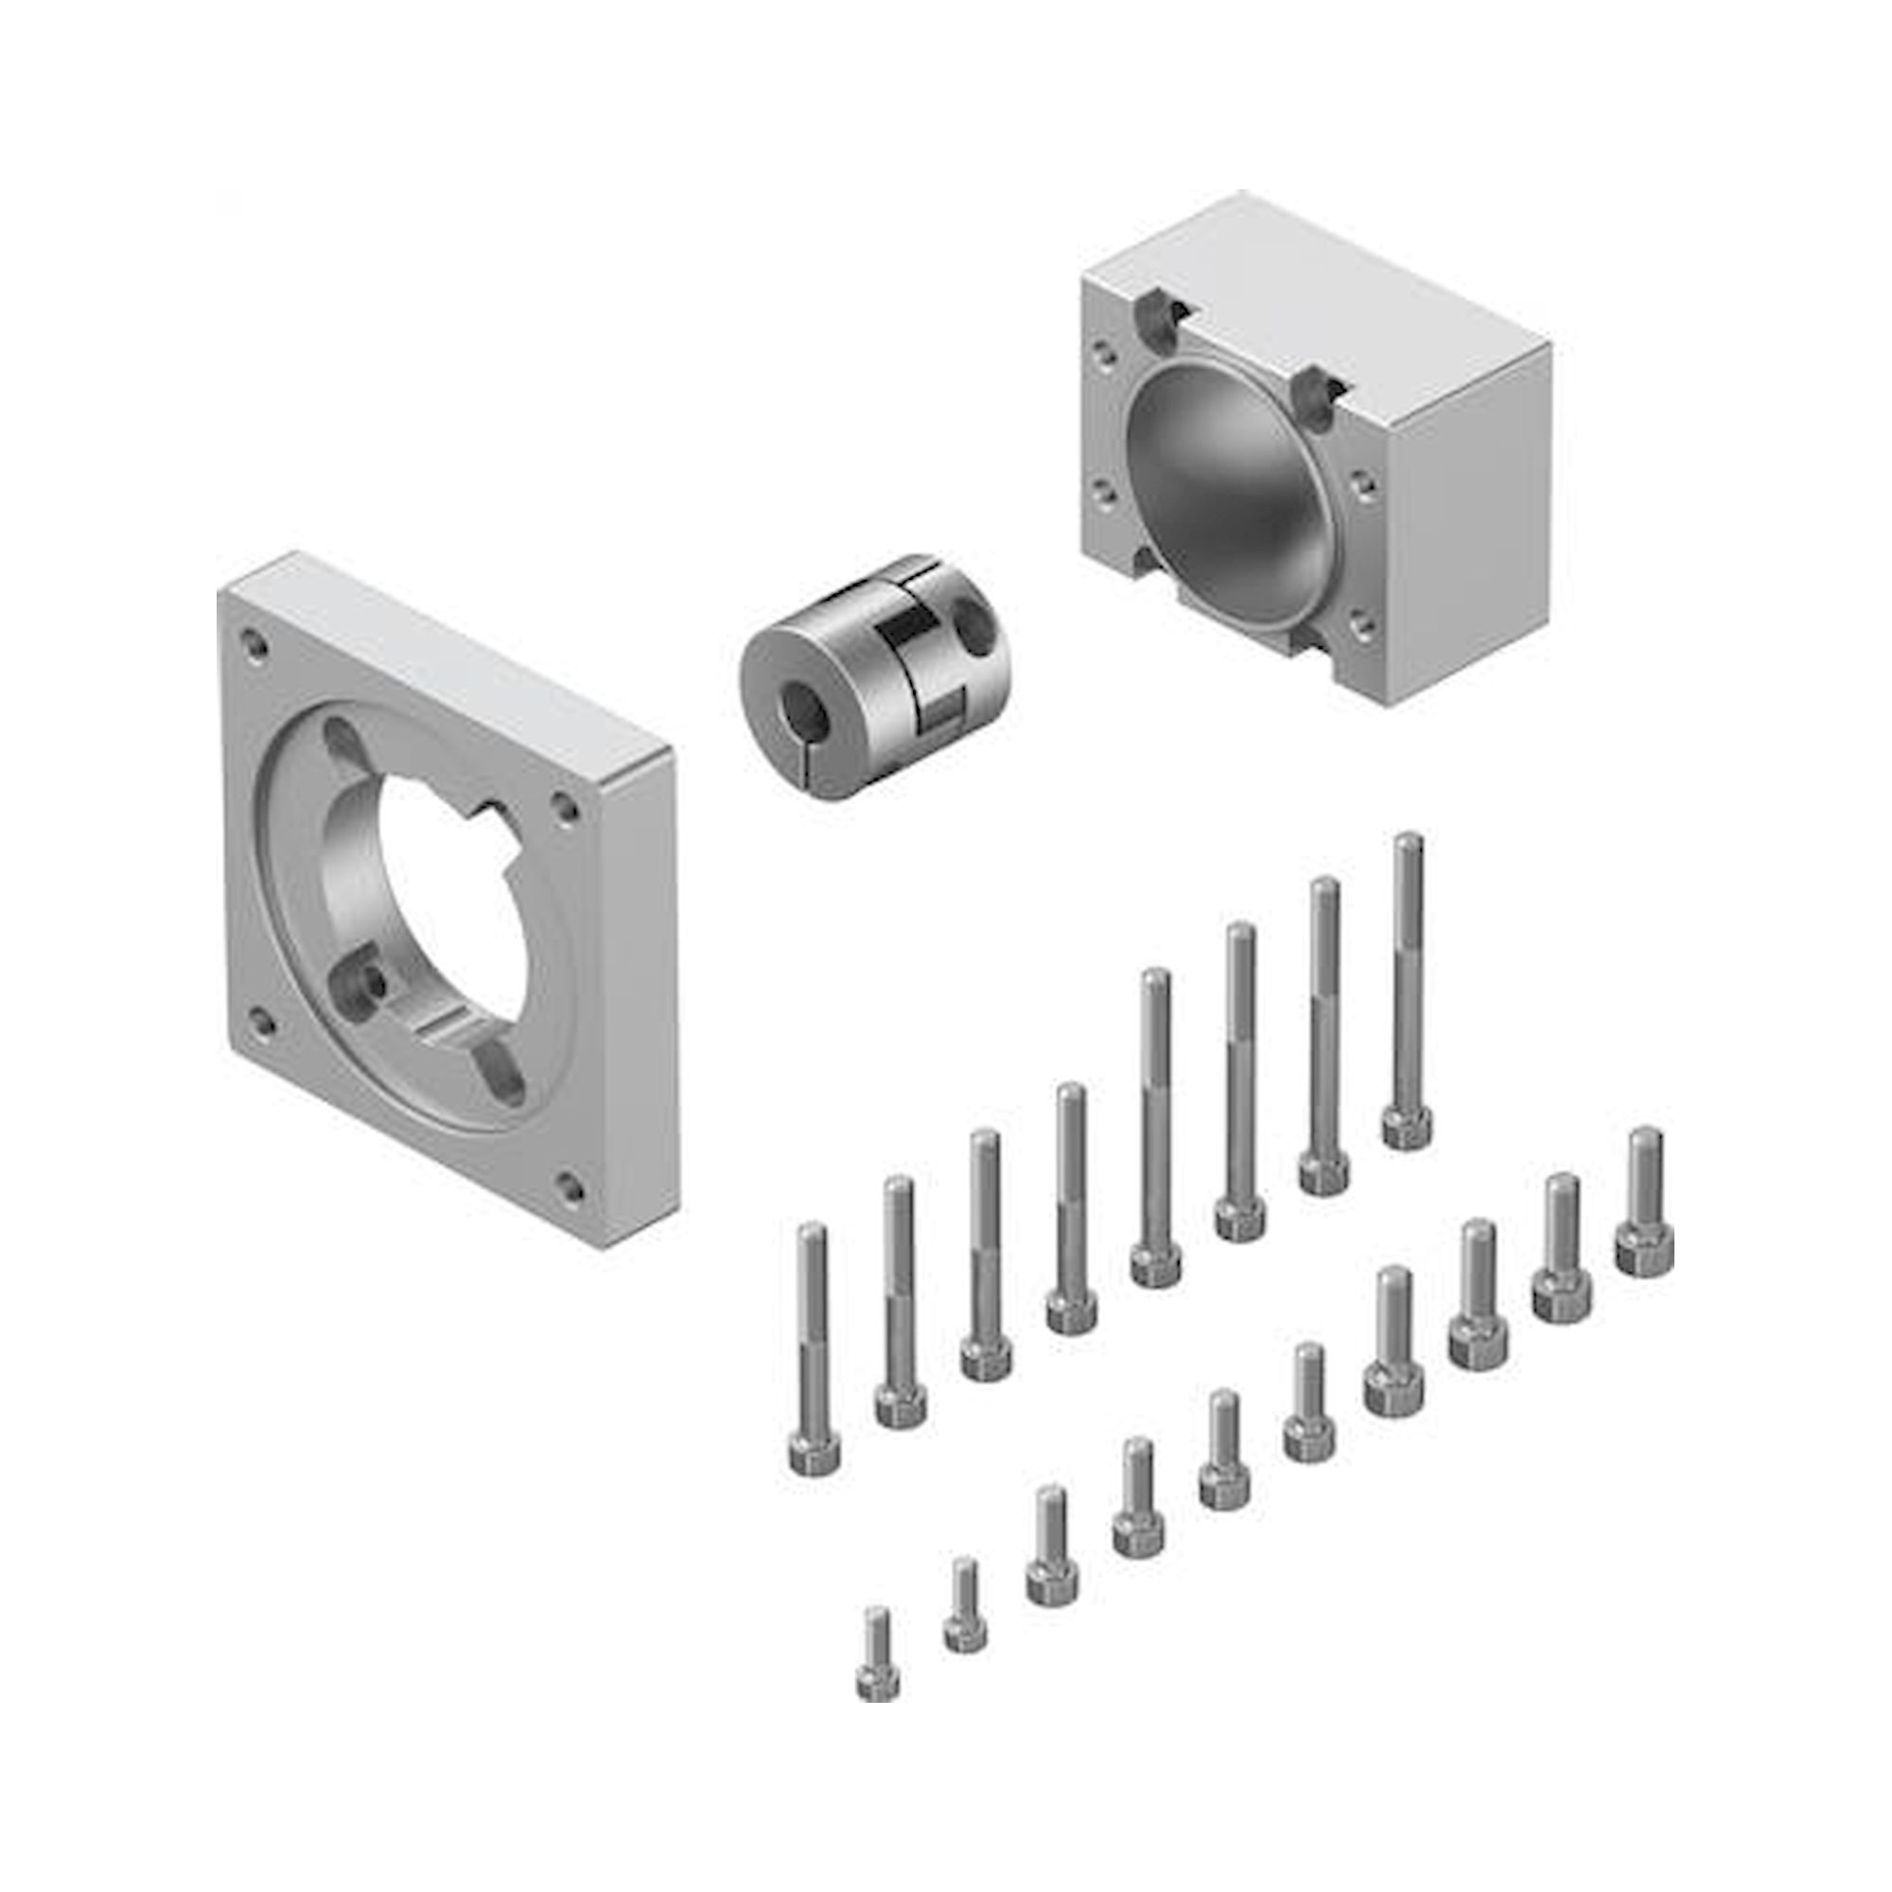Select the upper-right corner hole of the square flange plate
point(565,807)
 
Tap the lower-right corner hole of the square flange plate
point(567,1189)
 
